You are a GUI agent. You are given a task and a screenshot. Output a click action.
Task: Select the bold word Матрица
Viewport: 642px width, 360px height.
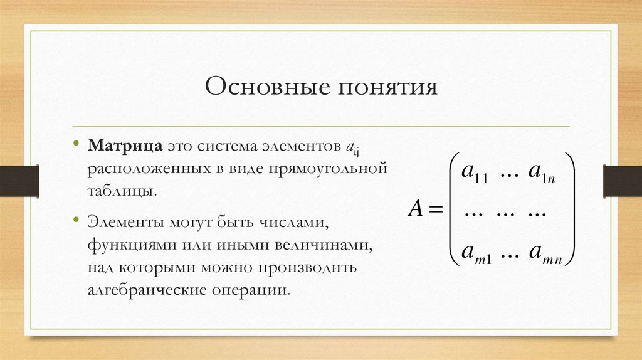[126, 146]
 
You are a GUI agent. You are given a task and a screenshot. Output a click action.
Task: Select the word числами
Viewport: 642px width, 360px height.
[296, 223]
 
